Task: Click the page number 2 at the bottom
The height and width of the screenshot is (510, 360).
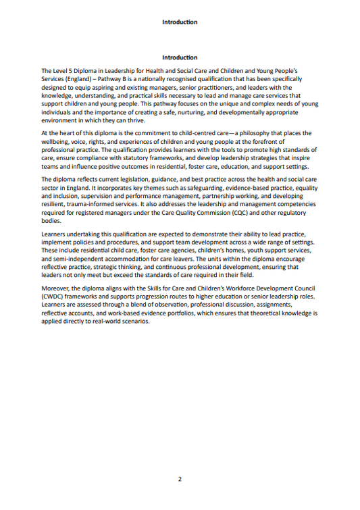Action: point(180,479)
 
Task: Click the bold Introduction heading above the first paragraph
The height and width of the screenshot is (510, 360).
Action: point(180,57)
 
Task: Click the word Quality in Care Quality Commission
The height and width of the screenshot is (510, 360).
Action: point(186,212)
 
